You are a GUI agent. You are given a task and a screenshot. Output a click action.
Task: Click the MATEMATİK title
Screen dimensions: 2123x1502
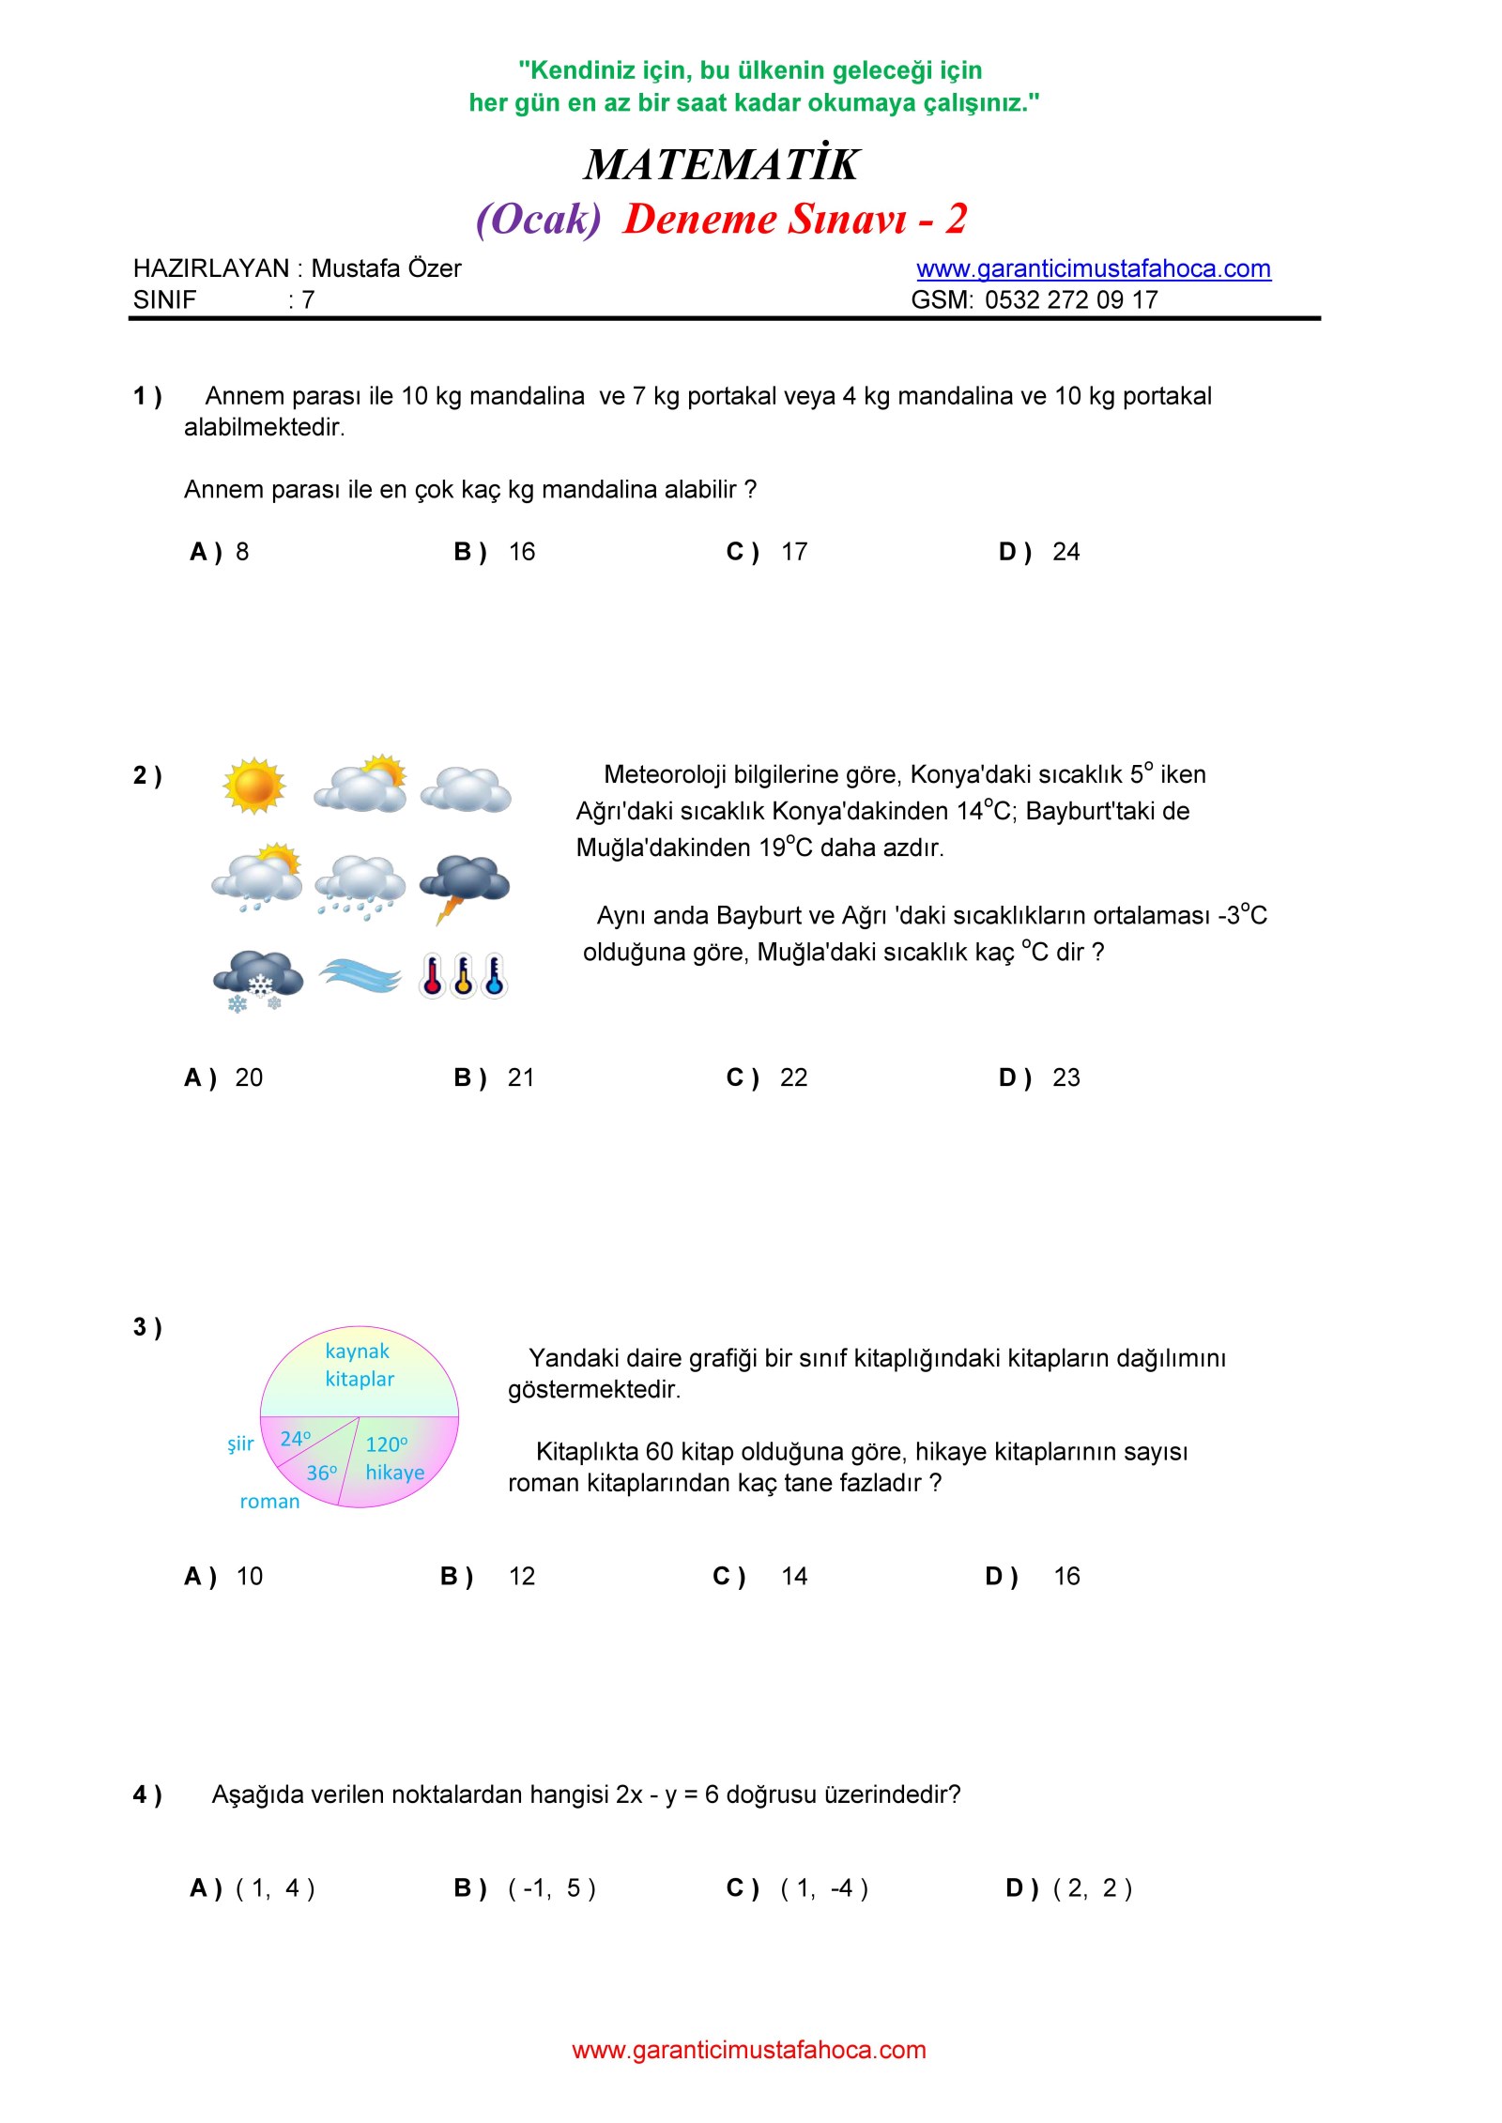coord(720,164)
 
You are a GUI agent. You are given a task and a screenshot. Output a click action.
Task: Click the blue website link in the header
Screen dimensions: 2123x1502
coord(1093,268)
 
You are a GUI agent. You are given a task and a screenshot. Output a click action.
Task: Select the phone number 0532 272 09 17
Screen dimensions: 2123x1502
coord(1070,300)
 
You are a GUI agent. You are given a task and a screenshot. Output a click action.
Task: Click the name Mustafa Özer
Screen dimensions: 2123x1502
coord(386,268)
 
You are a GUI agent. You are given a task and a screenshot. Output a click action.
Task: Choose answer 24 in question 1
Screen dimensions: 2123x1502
coord(1065,552)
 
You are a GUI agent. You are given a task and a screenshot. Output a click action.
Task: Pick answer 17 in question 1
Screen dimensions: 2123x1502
coord(793,552)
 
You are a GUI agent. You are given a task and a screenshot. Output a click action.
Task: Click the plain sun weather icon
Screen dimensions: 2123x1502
coord(253,785)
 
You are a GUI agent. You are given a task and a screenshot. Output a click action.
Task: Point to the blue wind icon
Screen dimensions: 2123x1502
coord(360,975)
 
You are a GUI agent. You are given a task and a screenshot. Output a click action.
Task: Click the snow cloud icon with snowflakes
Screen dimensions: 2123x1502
coord(257,980)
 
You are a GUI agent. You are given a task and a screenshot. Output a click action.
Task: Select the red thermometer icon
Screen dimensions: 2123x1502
coord(432,975)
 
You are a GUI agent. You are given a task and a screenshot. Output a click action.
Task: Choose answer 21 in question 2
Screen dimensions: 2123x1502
coord(520,1077)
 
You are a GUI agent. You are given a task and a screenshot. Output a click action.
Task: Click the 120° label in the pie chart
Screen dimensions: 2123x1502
coord(386,1443)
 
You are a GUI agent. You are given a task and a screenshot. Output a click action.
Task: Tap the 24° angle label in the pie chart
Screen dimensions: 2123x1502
coord(295,1439)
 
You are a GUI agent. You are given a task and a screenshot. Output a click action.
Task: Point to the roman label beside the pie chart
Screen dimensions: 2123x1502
coord(269,1501)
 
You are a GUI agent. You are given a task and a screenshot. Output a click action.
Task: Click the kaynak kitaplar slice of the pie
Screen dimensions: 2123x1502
coord(360,1367)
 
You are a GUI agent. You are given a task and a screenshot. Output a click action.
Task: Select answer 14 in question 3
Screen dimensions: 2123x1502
coord(793,1576)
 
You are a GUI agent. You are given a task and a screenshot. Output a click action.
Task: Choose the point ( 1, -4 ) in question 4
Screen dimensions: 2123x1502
coord(824,1887)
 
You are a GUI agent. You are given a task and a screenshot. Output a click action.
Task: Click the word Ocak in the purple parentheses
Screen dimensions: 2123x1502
coord(538,220)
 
